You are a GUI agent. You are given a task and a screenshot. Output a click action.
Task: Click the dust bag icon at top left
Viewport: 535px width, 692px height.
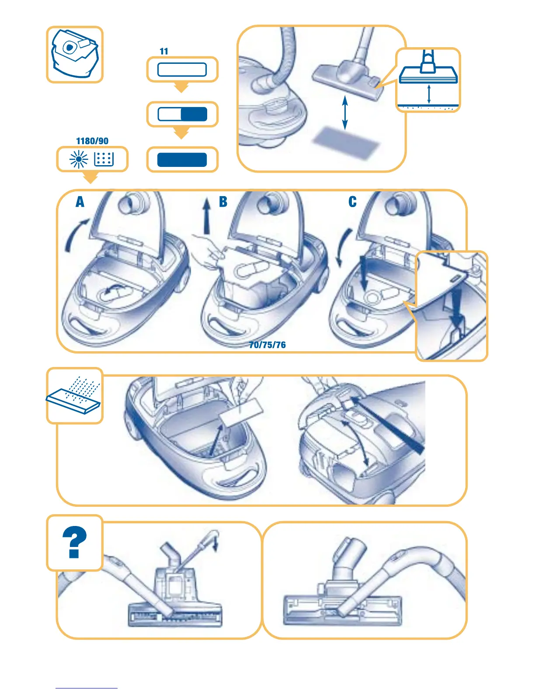pyautogui.click(x=75, y=54)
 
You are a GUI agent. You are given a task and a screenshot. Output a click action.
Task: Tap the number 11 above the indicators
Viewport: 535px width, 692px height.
pyautogui.click(x=164, y=51)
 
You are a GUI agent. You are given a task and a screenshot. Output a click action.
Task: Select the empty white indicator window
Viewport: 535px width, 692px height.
pyautogui.click(x=182, y=69)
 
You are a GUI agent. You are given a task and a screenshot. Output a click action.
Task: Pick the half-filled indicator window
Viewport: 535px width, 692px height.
pyautogui.click(x=182, y=114)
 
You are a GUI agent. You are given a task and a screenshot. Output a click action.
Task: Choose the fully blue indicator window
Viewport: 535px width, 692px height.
pyautogui.click(x=182, y=160)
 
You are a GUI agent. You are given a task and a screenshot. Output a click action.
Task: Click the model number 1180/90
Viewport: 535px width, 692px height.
pyautogui.click(x=92, y=141)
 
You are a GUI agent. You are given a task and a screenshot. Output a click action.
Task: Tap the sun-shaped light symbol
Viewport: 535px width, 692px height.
pyautogui.click(x=79, y=159)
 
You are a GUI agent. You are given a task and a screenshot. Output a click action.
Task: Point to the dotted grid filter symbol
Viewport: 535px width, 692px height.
pyautogui.click(x=104, y=159)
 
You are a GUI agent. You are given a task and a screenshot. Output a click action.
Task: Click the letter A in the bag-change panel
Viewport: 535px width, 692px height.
pyautogui.click(x=80, y=202)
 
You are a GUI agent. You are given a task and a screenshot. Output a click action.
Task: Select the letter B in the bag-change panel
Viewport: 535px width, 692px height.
pyautogui.click(x=223, y=202)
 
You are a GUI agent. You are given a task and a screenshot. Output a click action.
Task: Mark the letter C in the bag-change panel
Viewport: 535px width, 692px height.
pyautogui.click(x=352, y=202)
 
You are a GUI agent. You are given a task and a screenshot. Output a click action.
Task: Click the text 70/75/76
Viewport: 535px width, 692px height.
pyautogui.click(x=267, y=345)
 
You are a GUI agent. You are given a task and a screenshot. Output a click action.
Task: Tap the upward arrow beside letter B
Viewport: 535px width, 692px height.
pyautogui.click(x=207, y=216)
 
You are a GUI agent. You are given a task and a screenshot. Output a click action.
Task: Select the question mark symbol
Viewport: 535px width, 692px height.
pyautogui.click(x=75, y=542)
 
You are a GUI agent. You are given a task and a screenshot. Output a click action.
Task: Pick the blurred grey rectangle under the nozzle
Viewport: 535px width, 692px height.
pyautogui.click(x=345, y=142)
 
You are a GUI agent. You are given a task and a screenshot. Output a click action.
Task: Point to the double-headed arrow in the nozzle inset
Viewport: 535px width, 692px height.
pyautogui.click(x=429, y=94)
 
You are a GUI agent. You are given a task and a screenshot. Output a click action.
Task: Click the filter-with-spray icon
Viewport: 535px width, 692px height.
pyautogui.click(x=74, y=395)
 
